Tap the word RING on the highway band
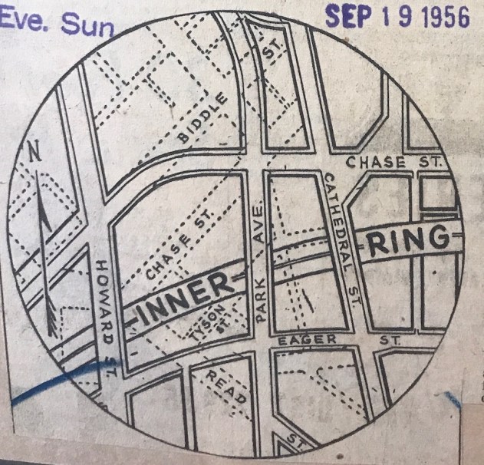click(407, 242)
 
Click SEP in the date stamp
click(350, 16)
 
